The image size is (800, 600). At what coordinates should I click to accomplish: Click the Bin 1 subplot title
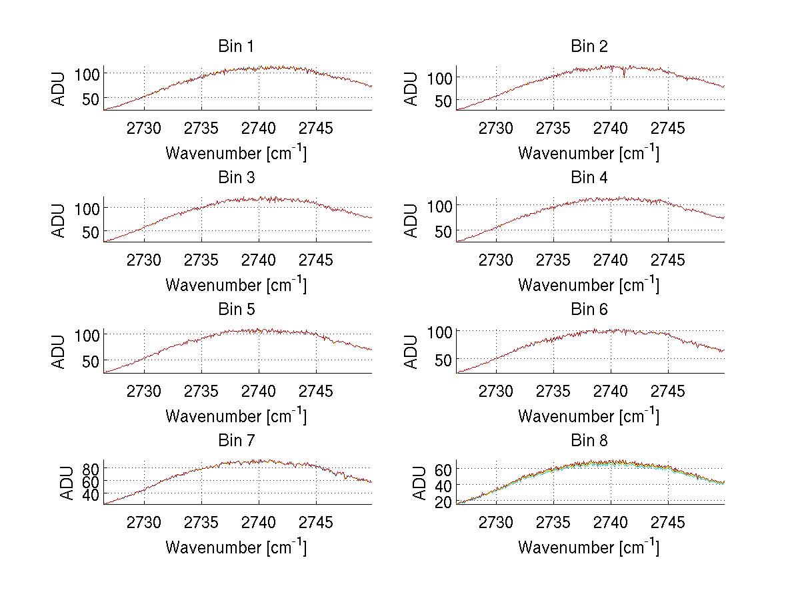click(235, 47)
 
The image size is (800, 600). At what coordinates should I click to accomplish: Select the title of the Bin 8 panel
click(589, 441)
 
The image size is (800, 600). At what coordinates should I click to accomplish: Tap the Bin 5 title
click(235, 310)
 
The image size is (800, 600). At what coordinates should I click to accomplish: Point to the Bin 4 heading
click(589, 178)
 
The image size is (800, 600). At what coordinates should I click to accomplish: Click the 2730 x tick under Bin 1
click(143, 129)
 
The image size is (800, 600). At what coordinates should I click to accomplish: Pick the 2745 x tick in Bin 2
click(667, 129)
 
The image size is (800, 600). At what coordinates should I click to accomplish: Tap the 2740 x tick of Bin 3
click(259, 260)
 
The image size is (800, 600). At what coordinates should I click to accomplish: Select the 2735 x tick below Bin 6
click(553, 392)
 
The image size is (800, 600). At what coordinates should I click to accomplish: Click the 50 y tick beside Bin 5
click(89, 361)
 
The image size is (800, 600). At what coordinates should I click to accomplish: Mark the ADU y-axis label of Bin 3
click(59, 220)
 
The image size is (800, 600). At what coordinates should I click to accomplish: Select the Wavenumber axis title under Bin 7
click(235, 547)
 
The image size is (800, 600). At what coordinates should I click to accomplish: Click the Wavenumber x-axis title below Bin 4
click(589, 285)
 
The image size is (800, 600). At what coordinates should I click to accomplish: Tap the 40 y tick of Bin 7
click(89, 494)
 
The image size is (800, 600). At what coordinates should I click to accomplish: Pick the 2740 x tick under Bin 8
click(611, 523)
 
